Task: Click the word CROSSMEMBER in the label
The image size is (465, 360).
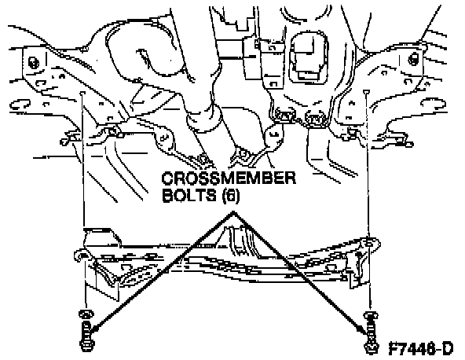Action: pos(229,178)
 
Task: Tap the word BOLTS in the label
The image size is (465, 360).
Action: pos(189,196)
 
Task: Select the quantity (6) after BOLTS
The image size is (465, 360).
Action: pos(231,196)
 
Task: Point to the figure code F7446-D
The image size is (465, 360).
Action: pos(421,348)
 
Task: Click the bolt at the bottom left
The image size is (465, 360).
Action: pos(86,337)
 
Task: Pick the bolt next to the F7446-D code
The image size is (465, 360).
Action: pos(371,338)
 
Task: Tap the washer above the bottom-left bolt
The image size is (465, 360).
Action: pos(86,314)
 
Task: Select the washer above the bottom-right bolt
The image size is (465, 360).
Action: pos(371,316)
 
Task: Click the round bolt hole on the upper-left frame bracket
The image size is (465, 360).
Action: pos(33,63)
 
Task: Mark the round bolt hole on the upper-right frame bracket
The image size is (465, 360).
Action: pos(413,58)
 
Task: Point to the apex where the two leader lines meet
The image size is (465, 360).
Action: pos(234,212)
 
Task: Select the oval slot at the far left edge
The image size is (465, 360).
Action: pos(20,105)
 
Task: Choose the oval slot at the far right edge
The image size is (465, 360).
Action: pos(434,104)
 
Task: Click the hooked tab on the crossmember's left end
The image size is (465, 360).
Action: pos(79,255)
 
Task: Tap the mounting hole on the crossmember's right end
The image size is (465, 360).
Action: pos(369,243)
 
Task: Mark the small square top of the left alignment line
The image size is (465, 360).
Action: pos(82,93)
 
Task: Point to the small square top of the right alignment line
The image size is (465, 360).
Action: pos(367,91)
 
